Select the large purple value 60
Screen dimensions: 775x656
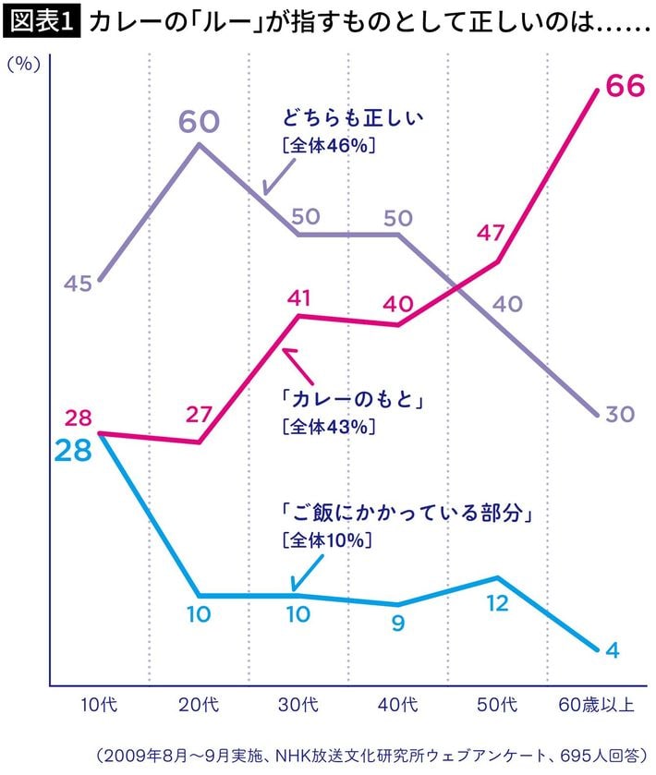pyautogui.click(x=199, y=122)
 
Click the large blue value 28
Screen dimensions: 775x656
pyautogui.click(x=73, y=453)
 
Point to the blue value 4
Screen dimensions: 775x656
pyautogui.click(x=612, y=649)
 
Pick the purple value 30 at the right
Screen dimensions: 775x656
pyautogui.click(x=620, y=414)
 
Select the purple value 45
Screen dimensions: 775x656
pyautogui.click(x=78, y=284)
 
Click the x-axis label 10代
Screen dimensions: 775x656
pyautogui.click(x=99, y=707)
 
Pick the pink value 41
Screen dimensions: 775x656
pyautogui.click(x=298, y=297)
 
